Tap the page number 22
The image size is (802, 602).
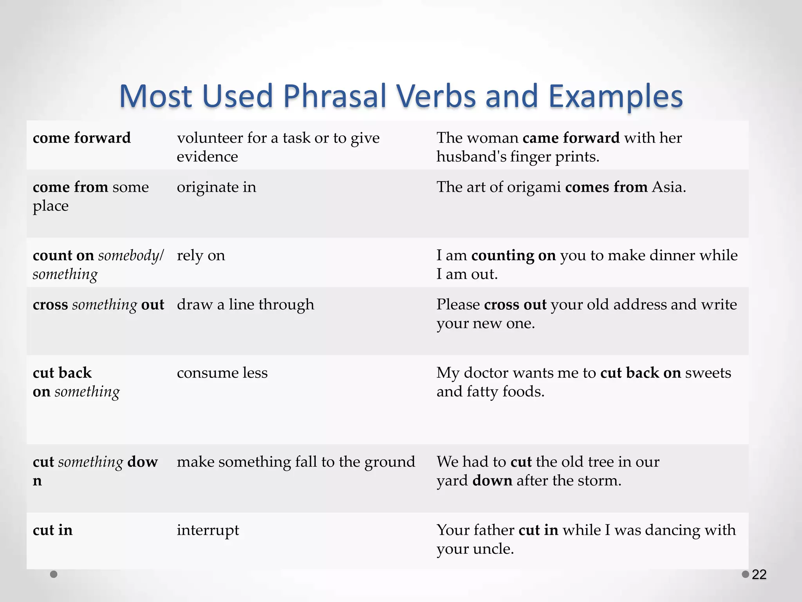(759, 575)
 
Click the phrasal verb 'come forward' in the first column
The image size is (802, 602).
(81, 138)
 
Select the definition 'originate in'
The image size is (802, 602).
(216, 187)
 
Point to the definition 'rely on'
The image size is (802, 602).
(201, 256)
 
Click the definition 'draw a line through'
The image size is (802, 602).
(245, 305)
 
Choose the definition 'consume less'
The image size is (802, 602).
(222, 373)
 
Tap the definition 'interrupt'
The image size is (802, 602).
(208, 530)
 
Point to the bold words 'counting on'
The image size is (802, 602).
(513, 256)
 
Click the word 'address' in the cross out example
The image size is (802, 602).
(640, 305)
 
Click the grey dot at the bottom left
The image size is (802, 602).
(54, 574)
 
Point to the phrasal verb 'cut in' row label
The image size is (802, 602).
(52, 530)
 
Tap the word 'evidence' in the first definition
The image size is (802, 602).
(207, 157)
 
